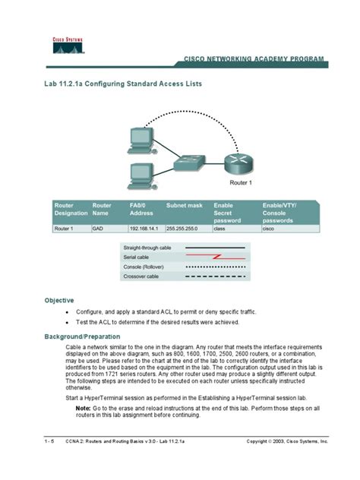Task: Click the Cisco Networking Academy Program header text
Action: pyautogui.click(x=254, y=58)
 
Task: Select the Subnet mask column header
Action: pyautogui.click(x=184, y=205)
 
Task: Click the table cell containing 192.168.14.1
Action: pyautogui.click(x=144, y=227)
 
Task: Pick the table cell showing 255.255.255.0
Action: pyautogui.click(x=185, y=227)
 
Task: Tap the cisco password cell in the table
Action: pyautogui.click(x=268, y=227)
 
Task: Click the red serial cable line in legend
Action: pyautogui.click(x=216, y=257)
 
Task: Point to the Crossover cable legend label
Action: pyautogui.click(x=142, y=276)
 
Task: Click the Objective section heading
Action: pyautogui.click(x=58, y=300)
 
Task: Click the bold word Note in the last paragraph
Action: pyautogui.click(x=83, y=408)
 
